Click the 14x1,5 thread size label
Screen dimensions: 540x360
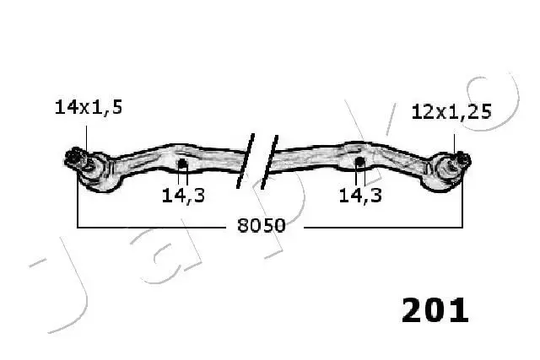pyautogui.click(x=89, y=107)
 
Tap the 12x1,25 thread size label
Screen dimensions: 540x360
pyautogui.click(x=451, y=112)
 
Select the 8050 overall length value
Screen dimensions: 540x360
pyautogui.click(x=262, y=226)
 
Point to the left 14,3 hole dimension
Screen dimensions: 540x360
pyautogui.click(x=183, y=196)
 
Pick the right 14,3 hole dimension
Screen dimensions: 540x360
pyautogui.click(x=360, y=196)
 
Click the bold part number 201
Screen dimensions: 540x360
pyautogui.click(x=435, y=310)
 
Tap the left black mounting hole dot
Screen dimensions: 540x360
pyautogui.click(x=182, y=164)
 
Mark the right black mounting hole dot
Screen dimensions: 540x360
pyautogui.click(x=359, y=162)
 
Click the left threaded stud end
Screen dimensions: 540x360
pyautogui.click(x=74, y=159)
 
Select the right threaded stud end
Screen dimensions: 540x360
pyautogui.click(x=463, y=159)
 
